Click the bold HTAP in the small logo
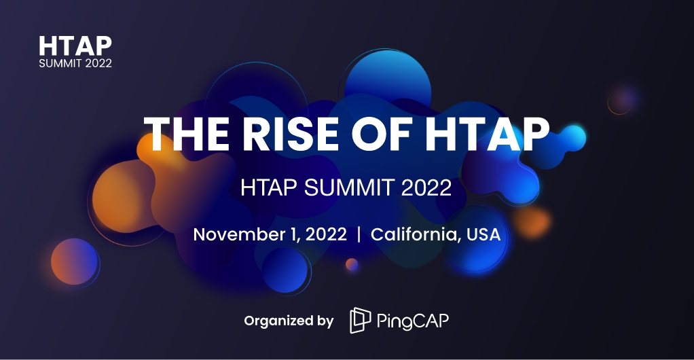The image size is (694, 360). coord(75,46)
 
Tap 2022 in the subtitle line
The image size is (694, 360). coord(426,187)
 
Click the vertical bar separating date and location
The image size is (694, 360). coord(359,235)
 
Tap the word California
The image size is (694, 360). coord(413,235)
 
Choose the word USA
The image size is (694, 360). coord(483,235)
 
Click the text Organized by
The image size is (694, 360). coord(289,321)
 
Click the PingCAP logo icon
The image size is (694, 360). coord(360,321)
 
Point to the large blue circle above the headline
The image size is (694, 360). coord(388,82)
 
